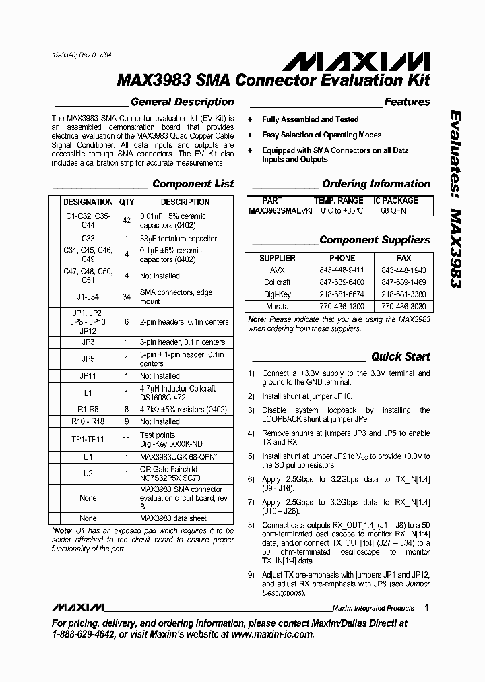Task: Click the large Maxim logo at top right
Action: tap(356, 62)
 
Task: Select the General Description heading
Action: tap(182, 102)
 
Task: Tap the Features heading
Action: tap(407, 102)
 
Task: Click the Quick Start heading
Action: tap(400, 356)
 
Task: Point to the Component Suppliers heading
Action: tap(375, 240)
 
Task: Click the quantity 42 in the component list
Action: tap(127, 220)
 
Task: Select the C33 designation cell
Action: tap(88, 239)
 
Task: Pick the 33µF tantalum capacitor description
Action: tap(178, 239)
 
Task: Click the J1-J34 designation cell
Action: tap(88, 297)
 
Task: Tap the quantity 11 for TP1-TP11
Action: tap(127, 439)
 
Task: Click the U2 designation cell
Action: tap(88, 474)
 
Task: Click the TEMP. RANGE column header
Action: tap(338, 201)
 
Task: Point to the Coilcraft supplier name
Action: tap(278, 282)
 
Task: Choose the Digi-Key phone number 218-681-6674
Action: tap(342, 294)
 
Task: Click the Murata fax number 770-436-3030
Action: tap(403, 306)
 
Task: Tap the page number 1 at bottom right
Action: tap(427, 607)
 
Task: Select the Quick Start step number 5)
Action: tap(251, 456)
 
